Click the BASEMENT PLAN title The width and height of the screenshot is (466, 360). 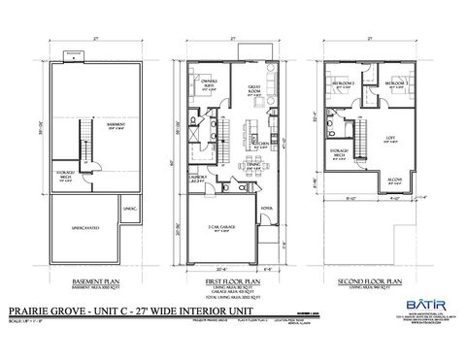point(104,280)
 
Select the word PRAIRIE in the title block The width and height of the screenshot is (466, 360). point(29,311)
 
